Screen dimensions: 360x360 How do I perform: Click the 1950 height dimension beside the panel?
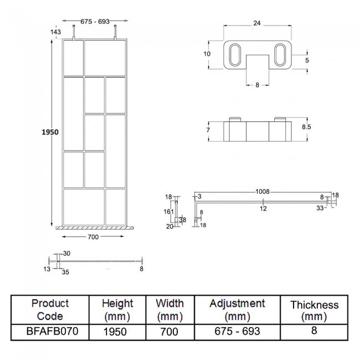pyautogui.click(x=49, y=132)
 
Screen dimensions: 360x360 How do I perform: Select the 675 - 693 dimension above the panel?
pyautogui.click(x=95, y=22)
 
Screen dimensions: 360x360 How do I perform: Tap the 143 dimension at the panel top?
pyautogui.click(x=55, y=32)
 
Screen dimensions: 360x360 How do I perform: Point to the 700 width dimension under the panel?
pyautogui.click(x=92, y=237)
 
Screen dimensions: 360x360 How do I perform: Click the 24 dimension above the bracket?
pyautogui.click(x=257, y=23)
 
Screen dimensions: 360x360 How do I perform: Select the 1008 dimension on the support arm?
pyautogui.click(x=262, y=192)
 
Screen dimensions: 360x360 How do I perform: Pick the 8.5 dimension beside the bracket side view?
pyautogui.click(x=306, y=127)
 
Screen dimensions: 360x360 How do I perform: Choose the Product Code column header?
pyautogui.click(x=50, y=310)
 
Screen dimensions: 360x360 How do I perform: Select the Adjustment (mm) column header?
pyautogui.click(x=238, y=310)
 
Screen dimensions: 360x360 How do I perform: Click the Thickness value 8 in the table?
pyautogui.click(x=314, y=331)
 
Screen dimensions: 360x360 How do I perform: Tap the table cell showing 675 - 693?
pyautogui.click(x=238, y=331)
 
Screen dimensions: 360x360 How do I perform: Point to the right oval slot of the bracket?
pyautogui.click(x=281, y=56)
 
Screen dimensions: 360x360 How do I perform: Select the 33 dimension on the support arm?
pyautogui.click(x=320, y=208)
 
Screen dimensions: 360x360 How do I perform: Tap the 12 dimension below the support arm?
pyautogui.click(x=264, y=208)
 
